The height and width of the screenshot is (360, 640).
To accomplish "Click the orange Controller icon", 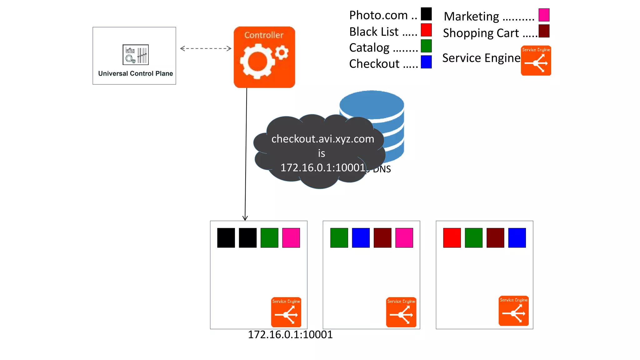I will [264, 57].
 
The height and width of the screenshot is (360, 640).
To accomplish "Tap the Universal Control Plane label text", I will [135, 73].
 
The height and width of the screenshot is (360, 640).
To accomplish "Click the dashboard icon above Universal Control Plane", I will [135, 54].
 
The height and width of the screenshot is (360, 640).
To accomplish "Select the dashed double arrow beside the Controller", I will [206, 48].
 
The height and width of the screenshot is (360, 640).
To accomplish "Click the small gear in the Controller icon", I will [282, 52].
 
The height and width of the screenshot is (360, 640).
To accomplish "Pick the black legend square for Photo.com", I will [426, 14].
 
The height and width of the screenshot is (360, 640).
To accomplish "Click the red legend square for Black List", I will [426, 30].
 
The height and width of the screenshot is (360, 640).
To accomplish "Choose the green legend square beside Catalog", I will [426, 46].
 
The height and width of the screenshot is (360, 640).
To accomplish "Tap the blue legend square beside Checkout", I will [426, 62].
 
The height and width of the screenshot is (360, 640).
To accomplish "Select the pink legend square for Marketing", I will [544, 15].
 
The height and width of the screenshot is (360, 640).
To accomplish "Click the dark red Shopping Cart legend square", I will [544, 31].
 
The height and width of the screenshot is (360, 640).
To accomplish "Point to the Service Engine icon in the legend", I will [536, 61].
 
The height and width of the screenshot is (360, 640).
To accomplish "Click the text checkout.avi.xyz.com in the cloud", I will [322, 139].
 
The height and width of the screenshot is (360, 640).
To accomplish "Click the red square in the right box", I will [452, 238].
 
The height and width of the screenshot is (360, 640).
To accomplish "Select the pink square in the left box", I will [291, 238].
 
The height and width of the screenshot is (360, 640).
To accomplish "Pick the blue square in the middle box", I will [361, 238].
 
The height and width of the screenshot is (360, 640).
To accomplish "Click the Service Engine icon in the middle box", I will [401, 312].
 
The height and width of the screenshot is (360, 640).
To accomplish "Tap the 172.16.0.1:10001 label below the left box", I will [290, 335].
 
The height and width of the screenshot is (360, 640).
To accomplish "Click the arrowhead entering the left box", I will [245, 218].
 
